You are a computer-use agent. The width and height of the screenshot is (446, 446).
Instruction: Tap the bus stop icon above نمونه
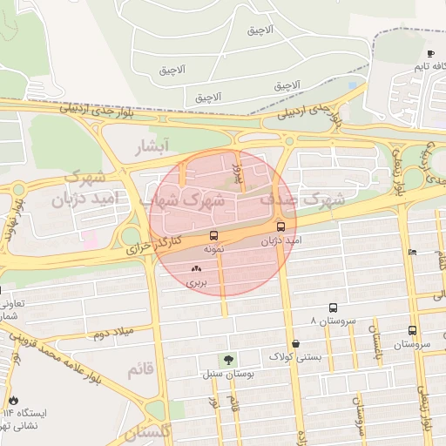click(x=213, y=236)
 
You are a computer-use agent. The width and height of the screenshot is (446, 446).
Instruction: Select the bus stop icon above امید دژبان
click(x=292, y=226)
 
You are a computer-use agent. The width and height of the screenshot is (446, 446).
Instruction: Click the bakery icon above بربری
click(x=195, y=270)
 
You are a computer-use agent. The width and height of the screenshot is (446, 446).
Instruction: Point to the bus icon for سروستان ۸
click(x=333, y=308)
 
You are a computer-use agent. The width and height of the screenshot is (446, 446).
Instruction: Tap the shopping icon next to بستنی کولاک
click(x=297, y=343)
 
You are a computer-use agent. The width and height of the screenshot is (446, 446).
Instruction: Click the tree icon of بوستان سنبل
click(x=228, y=359)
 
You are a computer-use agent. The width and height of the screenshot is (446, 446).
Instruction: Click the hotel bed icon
click(x=412, y=253)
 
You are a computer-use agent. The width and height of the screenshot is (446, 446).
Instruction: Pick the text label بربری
click(x=195, y=283)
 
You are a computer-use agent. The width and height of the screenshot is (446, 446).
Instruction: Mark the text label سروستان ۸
click(x=338, y=321)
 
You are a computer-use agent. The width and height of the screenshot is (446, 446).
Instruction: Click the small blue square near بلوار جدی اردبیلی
click(x=353, y=86)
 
